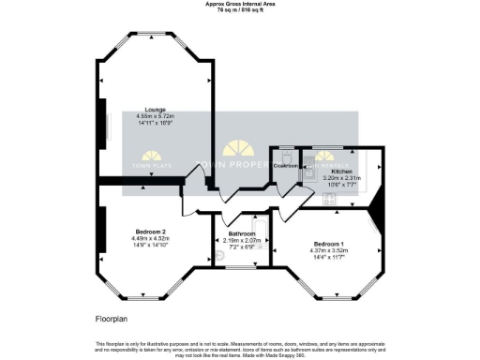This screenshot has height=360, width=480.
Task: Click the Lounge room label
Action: point(142,109)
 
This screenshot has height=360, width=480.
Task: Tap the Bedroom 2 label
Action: point(151,231)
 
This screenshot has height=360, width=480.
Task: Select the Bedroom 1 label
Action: point(329,243)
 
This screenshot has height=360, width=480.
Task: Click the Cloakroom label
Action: point(286,166)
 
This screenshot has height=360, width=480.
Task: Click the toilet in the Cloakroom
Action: point(285,156)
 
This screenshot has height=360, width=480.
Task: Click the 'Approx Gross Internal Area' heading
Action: point(239,4)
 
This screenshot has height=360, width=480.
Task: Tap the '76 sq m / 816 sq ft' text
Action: point(239,10)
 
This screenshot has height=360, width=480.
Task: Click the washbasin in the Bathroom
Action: point(221,255)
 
